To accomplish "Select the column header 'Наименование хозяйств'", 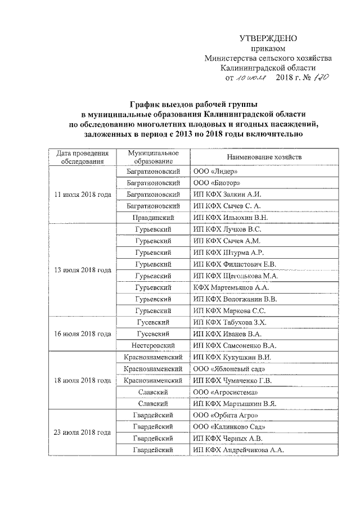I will click(x=264, y=157).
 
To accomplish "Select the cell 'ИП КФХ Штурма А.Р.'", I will click(x=228, y=252).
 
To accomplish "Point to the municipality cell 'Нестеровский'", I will click(x=152, y=345).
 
